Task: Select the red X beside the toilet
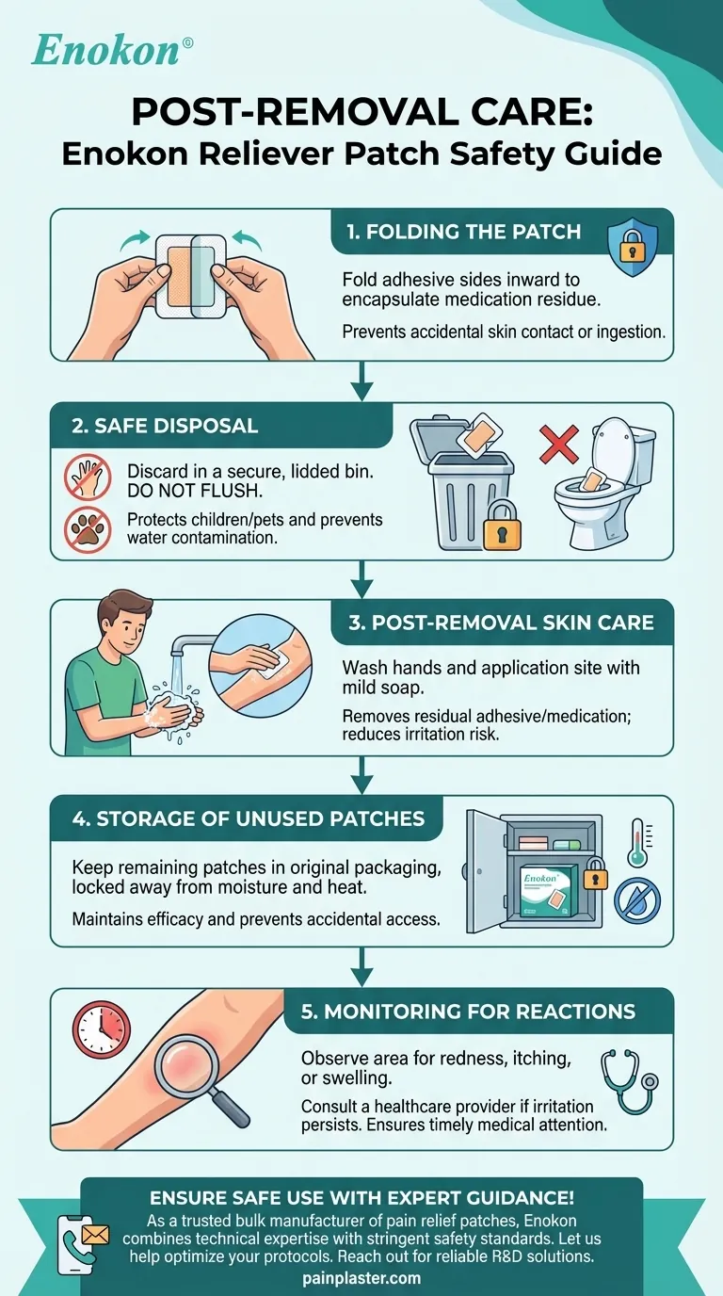tap(558, 444)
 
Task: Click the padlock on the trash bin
tap(502, 529)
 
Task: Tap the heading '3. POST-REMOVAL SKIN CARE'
tap(497, 623)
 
